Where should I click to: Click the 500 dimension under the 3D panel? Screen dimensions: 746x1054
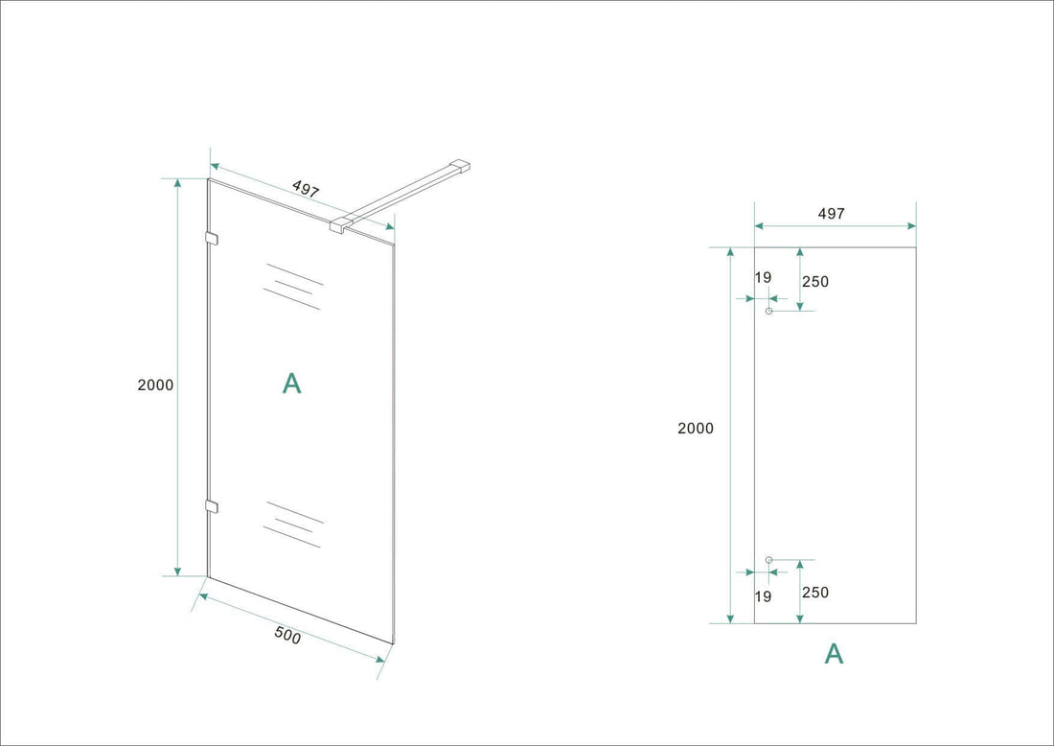point(287,637)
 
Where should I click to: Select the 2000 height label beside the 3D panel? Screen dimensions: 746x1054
point(155,385)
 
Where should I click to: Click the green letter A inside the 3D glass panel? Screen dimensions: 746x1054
point(292,384)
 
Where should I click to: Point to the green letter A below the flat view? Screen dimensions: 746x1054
point(834,654)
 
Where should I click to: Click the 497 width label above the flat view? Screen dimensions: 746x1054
point(832,214)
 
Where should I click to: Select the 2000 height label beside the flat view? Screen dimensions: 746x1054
point(696,429)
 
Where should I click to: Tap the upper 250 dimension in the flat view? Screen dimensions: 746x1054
point(815,282)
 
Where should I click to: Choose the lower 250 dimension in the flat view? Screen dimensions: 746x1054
point(815,593)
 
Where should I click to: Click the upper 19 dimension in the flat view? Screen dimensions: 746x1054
point(763,278)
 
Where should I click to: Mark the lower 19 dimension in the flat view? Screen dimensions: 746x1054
point(763,596)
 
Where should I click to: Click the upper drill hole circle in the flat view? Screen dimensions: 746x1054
point(768,311)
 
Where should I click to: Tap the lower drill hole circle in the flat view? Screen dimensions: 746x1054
point(768,559)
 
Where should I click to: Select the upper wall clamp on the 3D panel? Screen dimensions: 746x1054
point(212,239)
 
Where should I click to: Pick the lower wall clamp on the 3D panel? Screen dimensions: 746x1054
point(212,505)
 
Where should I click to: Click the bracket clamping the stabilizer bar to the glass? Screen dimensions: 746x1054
point(340,226)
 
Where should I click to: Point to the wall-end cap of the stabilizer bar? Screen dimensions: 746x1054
point(463,166)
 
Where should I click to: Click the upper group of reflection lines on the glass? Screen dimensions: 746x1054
point(293,286)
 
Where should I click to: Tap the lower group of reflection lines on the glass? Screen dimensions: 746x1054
point(293,524)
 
